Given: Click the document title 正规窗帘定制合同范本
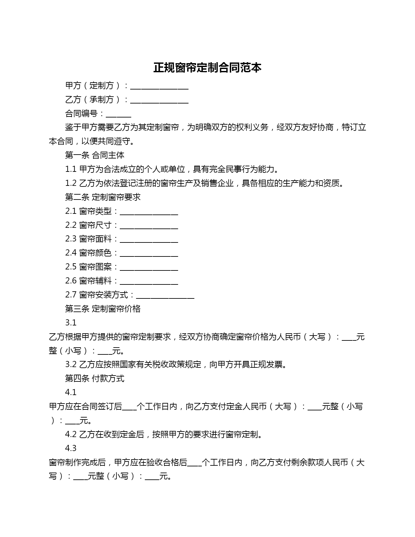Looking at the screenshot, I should [207, 68].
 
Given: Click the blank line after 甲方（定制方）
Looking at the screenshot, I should [159, 86].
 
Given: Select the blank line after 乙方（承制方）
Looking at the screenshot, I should [159, 100].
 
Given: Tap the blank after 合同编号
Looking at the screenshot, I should [118, 114].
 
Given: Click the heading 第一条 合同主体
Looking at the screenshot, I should [95, 155].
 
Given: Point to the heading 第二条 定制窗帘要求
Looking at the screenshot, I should [103, 197].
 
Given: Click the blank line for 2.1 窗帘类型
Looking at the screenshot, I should [149, 212].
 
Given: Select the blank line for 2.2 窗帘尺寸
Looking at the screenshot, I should [149, 226].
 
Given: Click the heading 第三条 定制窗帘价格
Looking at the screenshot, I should [103, 309].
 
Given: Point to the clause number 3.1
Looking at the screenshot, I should [71, 323].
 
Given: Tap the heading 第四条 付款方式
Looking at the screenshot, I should [95, 379].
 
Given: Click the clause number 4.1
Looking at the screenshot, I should [71, 392].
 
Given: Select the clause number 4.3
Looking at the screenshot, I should [71, 448].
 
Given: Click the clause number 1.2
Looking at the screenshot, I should [71, 183].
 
